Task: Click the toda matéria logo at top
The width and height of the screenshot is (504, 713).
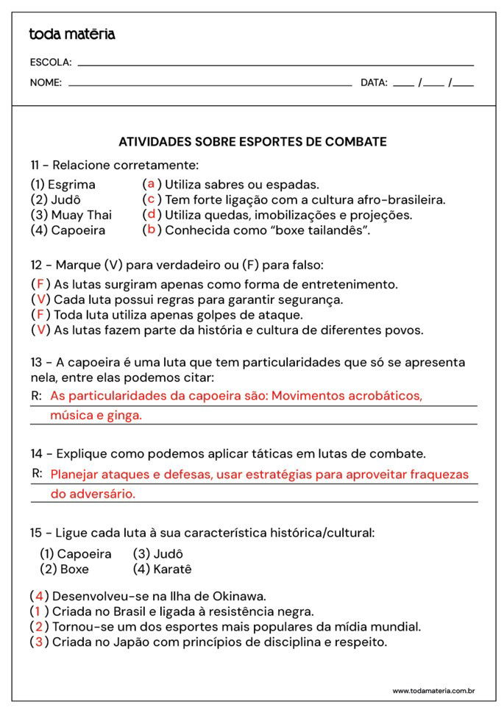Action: click(71, 34)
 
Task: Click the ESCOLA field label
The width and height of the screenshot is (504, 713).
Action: click(50, 63)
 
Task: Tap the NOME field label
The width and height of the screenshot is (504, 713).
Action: click(46, 82)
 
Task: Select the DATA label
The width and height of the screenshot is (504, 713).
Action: click(374, 82)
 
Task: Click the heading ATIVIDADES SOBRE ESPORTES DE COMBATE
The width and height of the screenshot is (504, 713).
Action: click(252, 141)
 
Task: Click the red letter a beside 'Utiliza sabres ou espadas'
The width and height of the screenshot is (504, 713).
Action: click(151, 184)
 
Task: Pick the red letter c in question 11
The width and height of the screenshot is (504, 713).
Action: click(151, 199)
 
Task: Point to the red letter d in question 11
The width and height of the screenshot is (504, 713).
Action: click(151, 215)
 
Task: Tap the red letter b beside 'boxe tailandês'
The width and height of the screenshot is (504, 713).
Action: click(151, 230)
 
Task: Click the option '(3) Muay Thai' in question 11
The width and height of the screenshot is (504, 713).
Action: click(71, 215)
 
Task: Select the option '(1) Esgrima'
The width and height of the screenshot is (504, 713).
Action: click(63, 185)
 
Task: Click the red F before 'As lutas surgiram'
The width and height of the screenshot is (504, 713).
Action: click(40, 284)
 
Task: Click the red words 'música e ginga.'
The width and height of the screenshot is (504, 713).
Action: click(96, 416)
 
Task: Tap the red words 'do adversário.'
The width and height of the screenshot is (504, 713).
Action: click(93, 494)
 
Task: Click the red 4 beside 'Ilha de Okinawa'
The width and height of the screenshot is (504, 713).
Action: click(40, 596)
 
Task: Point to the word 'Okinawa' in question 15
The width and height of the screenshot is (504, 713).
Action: click(239, 596)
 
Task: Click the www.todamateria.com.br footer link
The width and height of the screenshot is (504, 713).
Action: click(433, 691)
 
